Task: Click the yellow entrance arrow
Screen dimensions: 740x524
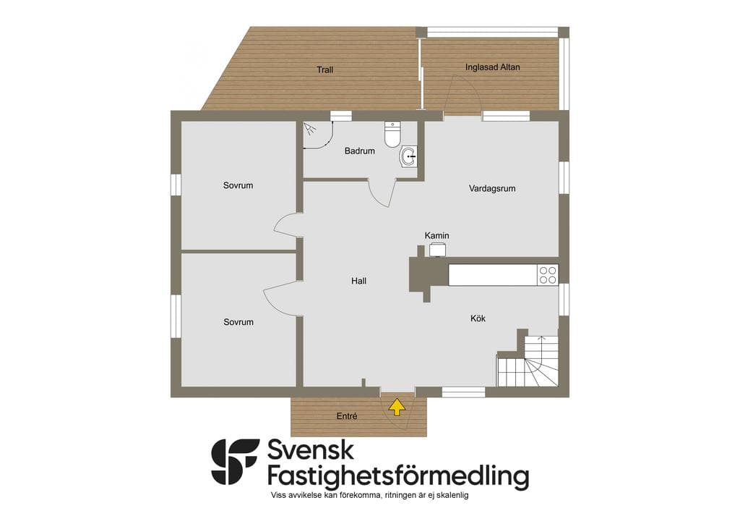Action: pos(397,407)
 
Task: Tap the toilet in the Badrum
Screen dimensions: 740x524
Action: pos(392,134)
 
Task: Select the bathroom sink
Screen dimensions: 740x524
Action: pos(408,156)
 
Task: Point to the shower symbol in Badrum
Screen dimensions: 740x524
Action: pos(310,129)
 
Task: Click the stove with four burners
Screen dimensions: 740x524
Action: pos(548,275)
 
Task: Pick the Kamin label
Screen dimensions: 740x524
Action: pos(436,235)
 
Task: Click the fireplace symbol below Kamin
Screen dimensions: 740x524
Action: pos(437,250)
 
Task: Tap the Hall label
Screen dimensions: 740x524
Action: pos(358,281)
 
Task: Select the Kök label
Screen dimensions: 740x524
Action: pos(478,318)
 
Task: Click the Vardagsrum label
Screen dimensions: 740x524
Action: pos(491,188)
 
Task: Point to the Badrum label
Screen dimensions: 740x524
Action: pos(360,151)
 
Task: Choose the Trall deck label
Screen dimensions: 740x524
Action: pos(324,70)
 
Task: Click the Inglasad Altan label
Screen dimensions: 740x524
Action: pos(492,67)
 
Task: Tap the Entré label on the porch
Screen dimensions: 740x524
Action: pos(346,416)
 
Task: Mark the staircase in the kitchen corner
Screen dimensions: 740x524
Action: pos(528,360)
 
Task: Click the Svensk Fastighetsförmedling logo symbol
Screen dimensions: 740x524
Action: pos(235,461)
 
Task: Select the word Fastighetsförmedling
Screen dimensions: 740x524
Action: pos(398,476)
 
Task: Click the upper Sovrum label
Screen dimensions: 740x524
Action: pos(238,186)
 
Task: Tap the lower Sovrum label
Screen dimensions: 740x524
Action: pos(238,322)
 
